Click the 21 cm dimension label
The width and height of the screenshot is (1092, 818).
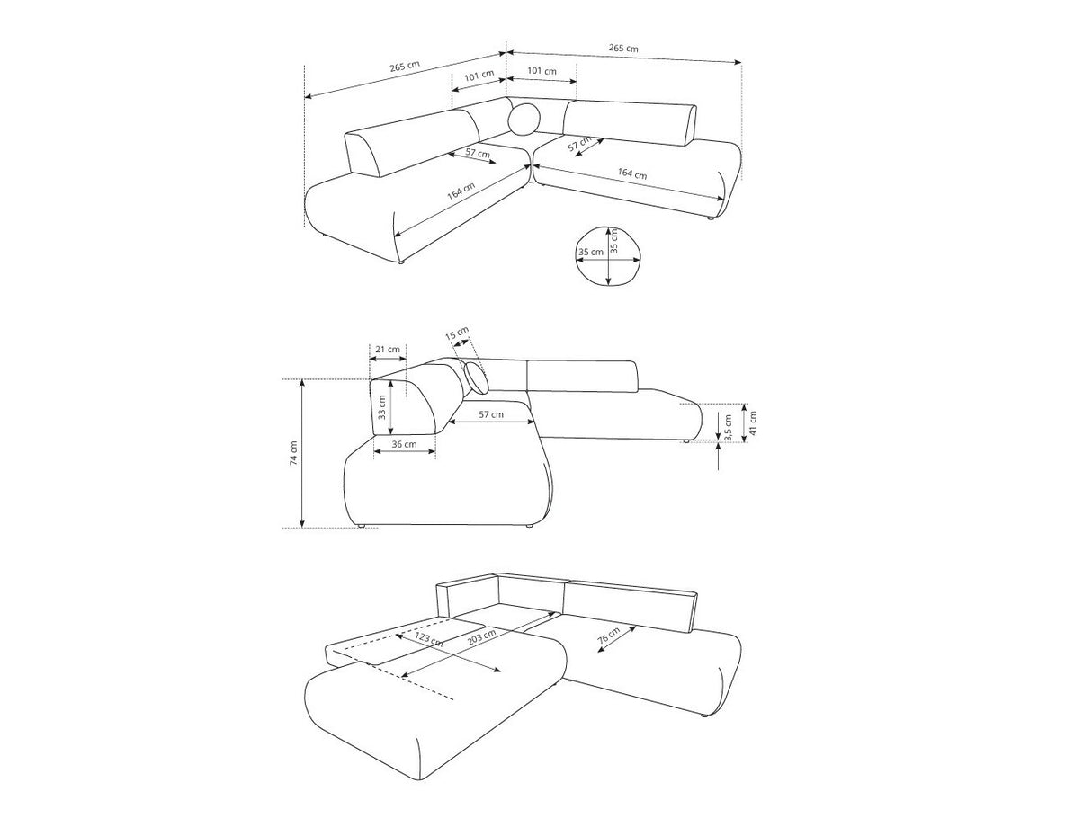[x=387, y=350]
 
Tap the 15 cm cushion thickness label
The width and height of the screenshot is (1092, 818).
[x=457, y=333]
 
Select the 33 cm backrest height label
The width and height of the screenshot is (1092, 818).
[x=381, y=407]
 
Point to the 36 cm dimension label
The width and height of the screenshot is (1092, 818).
[x=404, y=444]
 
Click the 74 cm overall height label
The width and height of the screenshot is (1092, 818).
[x=293, y=453]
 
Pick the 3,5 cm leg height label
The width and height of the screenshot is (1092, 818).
[x=728, y=428]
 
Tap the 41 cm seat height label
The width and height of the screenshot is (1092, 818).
[x=752, y=422]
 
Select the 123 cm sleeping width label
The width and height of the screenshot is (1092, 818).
[x=428, y=639]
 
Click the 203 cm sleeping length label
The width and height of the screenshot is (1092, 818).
[x=481, y=637]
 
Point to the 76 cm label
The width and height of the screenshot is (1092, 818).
[x=608, y=636]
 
